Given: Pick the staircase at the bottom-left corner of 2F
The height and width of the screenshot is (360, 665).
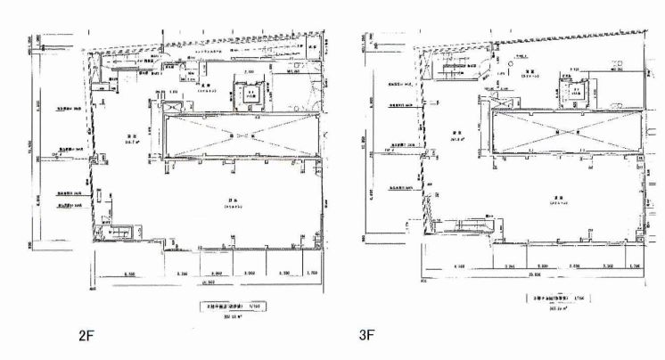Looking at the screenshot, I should coord(115,233).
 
